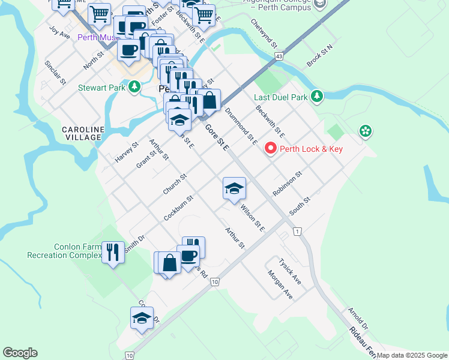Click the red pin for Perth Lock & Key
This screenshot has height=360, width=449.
tap(270, 148)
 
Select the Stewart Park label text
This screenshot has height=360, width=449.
tap(102, 88)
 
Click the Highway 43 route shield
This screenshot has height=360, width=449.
tap(279, 56)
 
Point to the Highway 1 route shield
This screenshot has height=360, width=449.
tap(297, 231)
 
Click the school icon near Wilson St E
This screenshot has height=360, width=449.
tap(234, 189)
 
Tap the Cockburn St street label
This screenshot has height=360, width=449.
tap(178, 207)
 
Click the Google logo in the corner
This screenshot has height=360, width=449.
tap(20, 353)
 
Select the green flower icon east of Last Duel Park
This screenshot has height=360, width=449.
tap(364, 130)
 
